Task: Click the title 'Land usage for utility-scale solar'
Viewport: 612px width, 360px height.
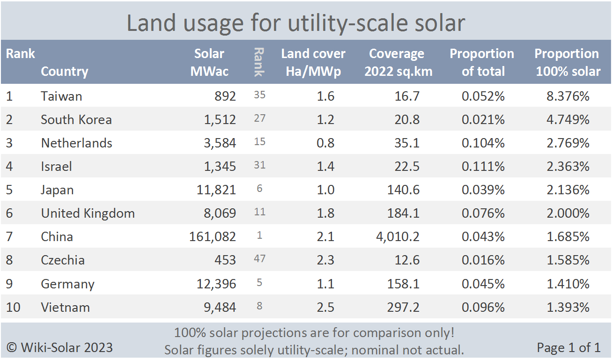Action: click(x=296, y=23)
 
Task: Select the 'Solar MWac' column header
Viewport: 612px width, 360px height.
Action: click(x=209, y=62)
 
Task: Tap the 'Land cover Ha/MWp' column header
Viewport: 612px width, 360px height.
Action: click(x=313, y=62)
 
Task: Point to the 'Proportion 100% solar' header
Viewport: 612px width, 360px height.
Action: click(x=567, y=62)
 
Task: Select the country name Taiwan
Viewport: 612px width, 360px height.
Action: click(x=61, y=96)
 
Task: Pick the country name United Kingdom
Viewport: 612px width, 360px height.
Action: click(x=88, y=213)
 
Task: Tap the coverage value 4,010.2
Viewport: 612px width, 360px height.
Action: click(x=398, y=237)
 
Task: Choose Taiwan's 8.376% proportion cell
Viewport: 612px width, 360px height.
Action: click(x=568, y=96)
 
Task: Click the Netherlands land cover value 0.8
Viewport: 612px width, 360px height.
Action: click(x=325, y=143)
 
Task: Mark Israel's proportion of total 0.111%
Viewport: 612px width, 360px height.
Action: click(x=483, y=167)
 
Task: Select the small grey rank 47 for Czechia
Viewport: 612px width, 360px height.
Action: click(x=259, y=259)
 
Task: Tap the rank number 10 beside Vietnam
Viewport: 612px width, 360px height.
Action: click(x=13, y=308)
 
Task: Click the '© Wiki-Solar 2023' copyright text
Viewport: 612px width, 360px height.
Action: click(x=59, y=347)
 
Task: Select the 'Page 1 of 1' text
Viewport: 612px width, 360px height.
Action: click(x=568, y=347)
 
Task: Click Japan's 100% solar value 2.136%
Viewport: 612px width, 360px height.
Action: click(x=568, y=190)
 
